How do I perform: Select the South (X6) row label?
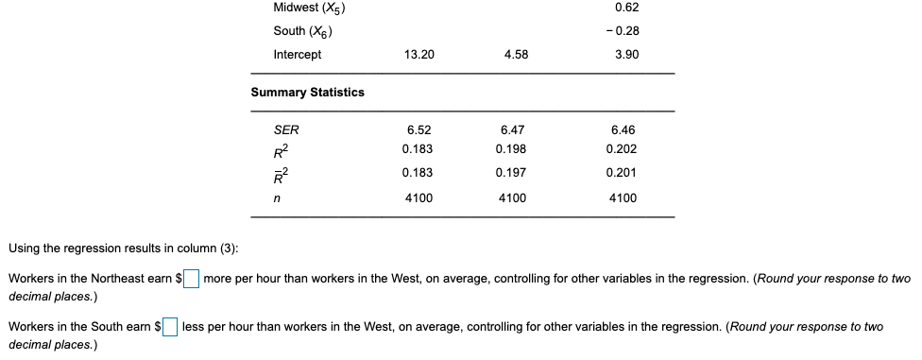click(302, 31)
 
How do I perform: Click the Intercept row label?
click(297, 55)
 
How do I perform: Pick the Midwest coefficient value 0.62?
click(625, 8)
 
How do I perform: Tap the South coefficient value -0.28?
click(625, 31)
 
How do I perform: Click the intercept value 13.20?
click(418, 55)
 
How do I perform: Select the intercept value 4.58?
click(516, 55)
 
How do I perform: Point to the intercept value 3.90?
click(625, 55)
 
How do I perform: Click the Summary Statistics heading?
click(307, 92)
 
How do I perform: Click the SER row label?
click(285, 129)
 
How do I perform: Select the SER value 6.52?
click(418, 129)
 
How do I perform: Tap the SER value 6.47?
click(511, 129)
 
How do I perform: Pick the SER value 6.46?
click(623, 129)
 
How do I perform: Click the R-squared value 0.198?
click(511, 149)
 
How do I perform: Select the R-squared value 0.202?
click(623, 149)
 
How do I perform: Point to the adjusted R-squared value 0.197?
click(511, 173)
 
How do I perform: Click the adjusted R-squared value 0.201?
click(623, 173)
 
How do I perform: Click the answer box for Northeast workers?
click(192, 279)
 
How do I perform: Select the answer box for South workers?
click(170, 327)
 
